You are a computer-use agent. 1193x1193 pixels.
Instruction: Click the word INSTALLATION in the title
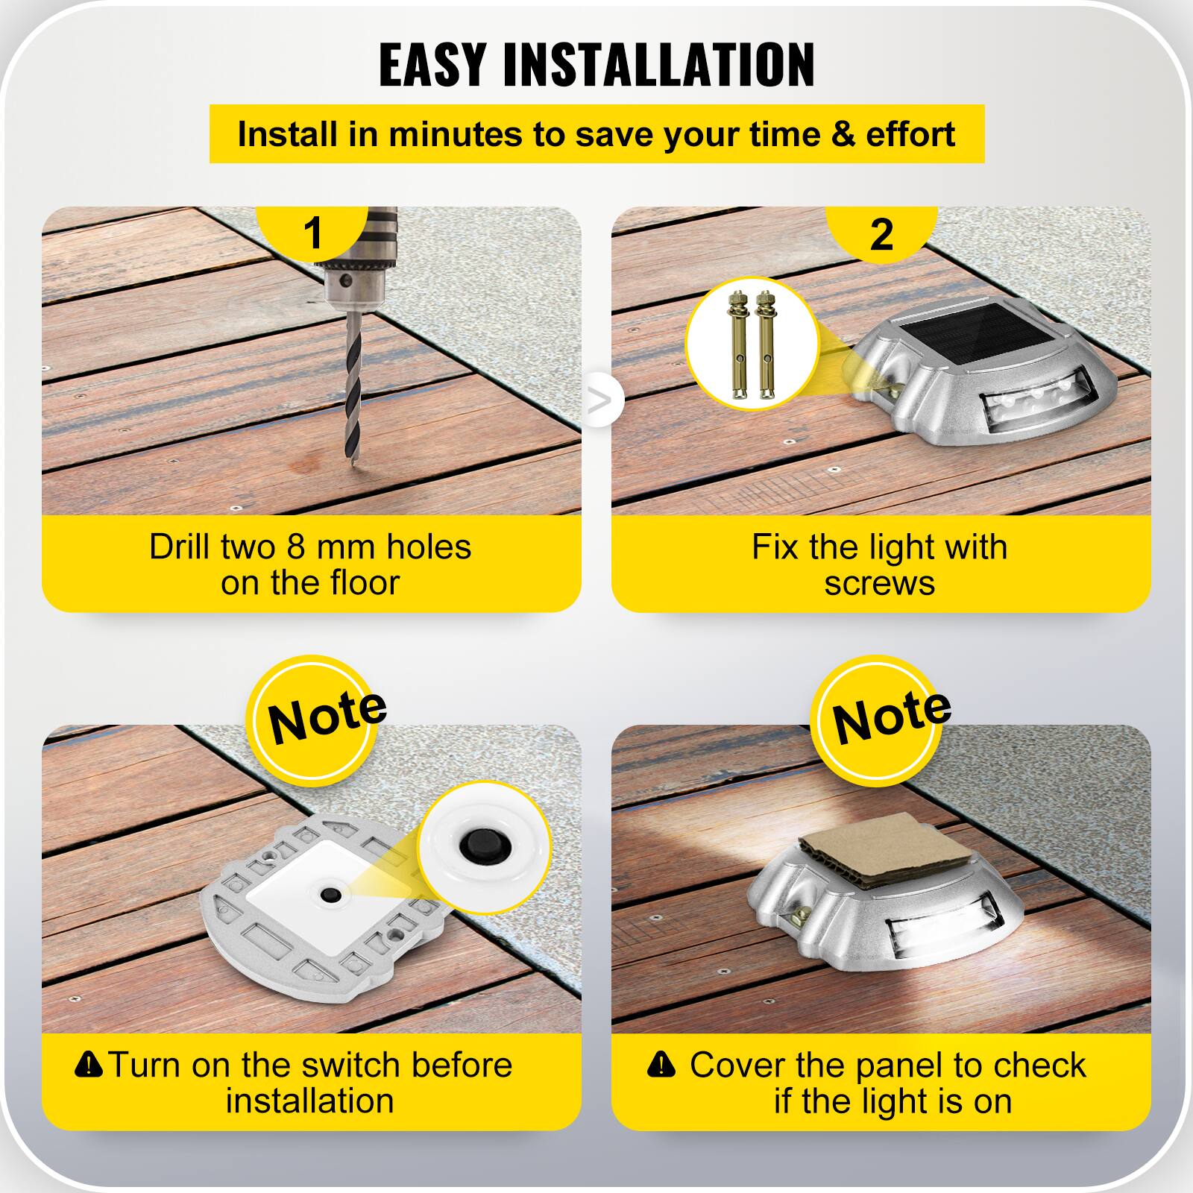pos(659,65)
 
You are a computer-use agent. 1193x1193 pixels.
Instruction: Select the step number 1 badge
pos(313,233)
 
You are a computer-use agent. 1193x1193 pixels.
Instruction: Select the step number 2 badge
pos(881,234)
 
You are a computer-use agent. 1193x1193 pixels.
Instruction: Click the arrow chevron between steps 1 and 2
pos(599,400)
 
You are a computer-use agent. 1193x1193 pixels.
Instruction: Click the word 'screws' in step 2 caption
pos(879,584)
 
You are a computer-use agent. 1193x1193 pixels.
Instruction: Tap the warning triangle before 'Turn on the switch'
pos(89,1064)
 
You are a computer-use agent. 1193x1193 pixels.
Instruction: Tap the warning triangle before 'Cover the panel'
pos(661,1065)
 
